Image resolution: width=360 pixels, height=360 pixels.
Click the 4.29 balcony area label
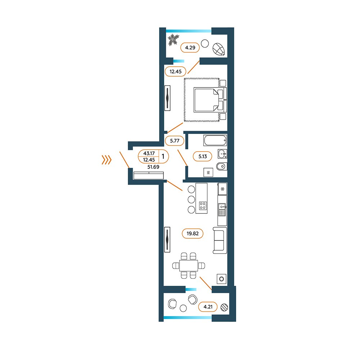pyautogui.click(x=190, y=48)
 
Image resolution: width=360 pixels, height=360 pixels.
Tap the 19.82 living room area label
pyautogui.click(x=192, y=234)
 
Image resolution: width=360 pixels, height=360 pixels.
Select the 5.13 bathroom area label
pyautogui.click(x=202, y=156)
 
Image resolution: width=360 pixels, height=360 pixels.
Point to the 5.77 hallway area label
pyautogui.click(x=175, y=140)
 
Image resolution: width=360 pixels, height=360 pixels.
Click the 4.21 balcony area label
pyautogui.click(x=208, y=307)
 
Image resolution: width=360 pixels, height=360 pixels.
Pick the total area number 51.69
pyautogui.click(x=153, y=167)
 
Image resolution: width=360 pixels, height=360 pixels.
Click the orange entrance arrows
pyautogui.click(x=107, y=160)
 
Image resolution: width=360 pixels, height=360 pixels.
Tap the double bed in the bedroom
pyautogui.click(x=210, y=100)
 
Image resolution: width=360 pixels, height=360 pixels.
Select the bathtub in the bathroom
pyautogui.click(x=215, y=140)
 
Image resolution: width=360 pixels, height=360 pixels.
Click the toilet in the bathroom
pyautogui.click(x=221, y=166)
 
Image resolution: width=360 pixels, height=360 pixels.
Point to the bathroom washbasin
pyautogui.click(x=222, y=154)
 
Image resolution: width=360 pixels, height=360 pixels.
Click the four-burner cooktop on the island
pyautogui.click(x=203, y=206)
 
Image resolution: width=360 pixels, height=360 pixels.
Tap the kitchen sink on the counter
pyautogui.click(x=222, y=210)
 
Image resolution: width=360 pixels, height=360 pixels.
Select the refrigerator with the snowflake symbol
pyautogui.click(x=222, y=189)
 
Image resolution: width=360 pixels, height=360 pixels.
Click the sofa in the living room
pyautogui.click(x=220, y=240)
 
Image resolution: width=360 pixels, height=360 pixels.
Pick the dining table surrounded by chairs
pyautogui.click(x=189, y=266)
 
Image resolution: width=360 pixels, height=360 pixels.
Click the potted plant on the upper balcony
pyautogui.click(x=173, y=40)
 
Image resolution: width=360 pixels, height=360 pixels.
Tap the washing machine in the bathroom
pyautogui.click(x=208, y=172)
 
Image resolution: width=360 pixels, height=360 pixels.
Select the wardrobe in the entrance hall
pyautogui.click(x=149, y=175)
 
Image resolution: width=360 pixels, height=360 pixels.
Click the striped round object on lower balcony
pyautogui.click(x=224, y=307)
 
